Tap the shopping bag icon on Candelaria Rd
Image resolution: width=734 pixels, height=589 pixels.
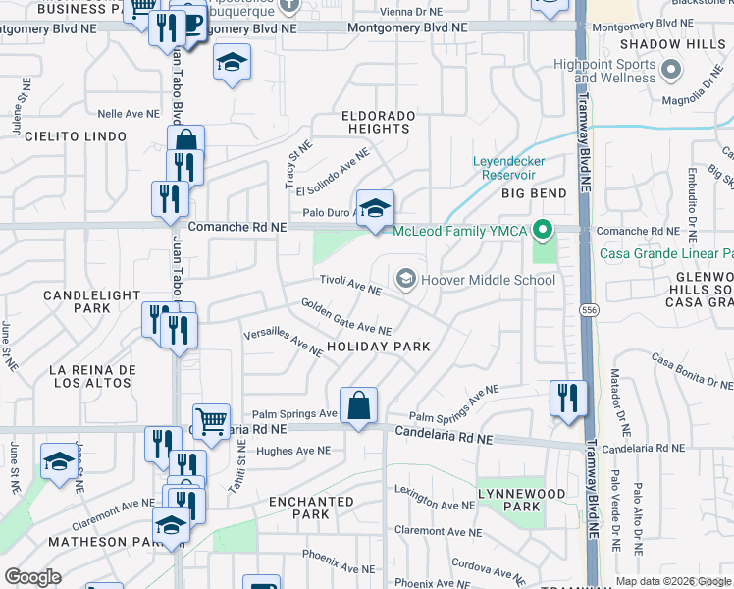tap(359, 404)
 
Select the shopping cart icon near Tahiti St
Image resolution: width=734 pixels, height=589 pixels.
tap(211, 423)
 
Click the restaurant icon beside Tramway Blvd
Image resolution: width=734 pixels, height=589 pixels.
tap(568, 398)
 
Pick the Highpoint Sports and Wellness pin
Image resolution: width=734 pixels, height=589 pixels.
tap(671, 70)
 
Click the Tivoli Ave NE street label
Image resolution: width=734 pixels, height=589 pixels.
tap(353, 285)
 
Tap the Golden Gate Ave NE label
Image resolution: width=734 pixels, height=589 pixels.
tap(345, 316)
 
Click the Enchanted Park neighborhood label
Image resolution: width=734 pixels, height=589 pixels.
tap(311, 508)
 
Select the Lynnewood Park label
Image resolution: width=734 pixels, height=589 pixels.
tap(508, 500)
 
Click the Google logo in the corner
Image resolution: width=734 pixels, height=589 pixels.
tap(32, 576)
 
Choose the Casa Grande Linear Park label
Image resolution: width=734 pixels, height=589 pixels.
tap(666, 253)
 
